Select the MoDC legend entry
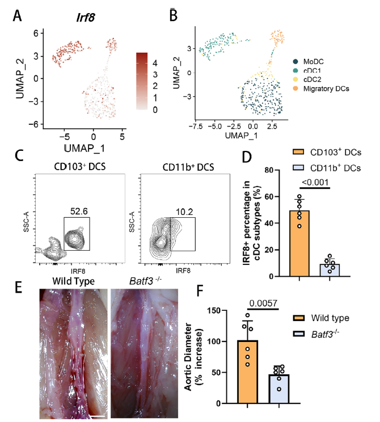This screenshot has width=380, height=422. point(315,61)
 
